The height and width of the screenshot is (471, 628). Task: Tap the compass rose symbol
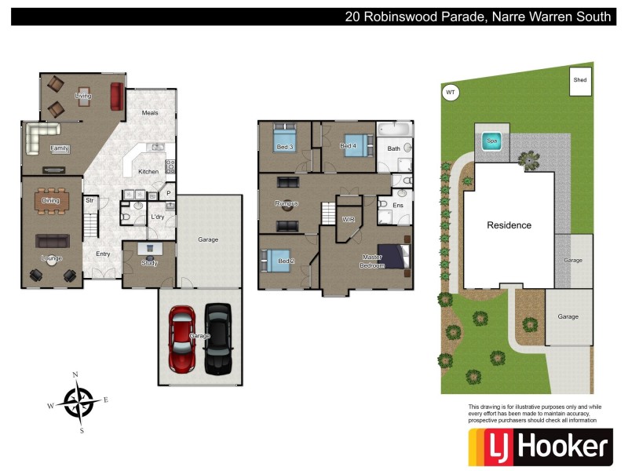pyautogui.click(x=78, y=403)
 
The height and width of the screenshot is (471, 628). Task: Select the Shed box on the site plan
pyautogui.click(x=580, y=81)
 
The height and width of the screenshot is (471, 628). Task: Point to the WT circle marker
pyautogui.click(x=450, y=93)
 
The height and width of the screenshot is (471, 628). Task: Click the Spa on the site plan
pyautogui.click(x=492, y=142)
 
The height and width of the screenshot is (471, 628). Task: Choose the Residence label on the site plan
pyautogui.click(x=509, y=225)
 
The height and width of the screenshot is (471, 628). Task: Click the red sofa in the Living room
pyautogui.click(x=117, y=97)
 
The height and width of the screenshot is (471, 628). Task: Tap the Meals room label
pyautogui.click(x=150, y=113)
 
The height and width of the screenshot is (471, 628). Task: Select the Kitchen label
pyautogui.click(x=148, y=171)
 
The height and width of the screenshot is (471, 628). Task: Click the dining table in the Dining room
pyautogui.click(x=50, y=201)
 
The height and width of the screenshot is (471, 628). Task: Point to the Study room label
pyautogui.click(x=149, y=264)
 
